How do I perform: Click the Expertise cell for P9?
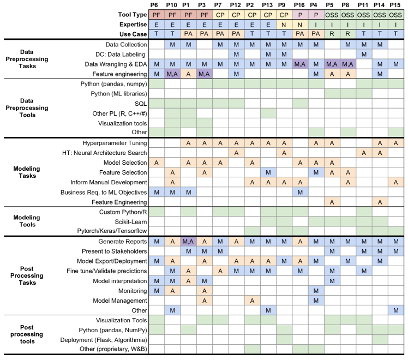283,25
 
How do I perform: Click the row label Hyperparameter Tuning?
112,143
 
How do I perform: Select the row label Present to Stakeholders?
113,251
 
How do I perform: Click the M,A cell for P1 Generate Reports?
188,241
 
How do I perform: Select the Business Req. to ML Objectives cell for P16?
299,192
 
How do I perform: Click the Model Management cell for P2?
251,300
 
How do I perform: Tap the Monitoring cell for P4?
315,290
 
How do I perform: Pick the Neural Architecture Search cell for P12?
236,153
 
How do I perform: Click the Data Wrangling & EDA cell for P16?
299,64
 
